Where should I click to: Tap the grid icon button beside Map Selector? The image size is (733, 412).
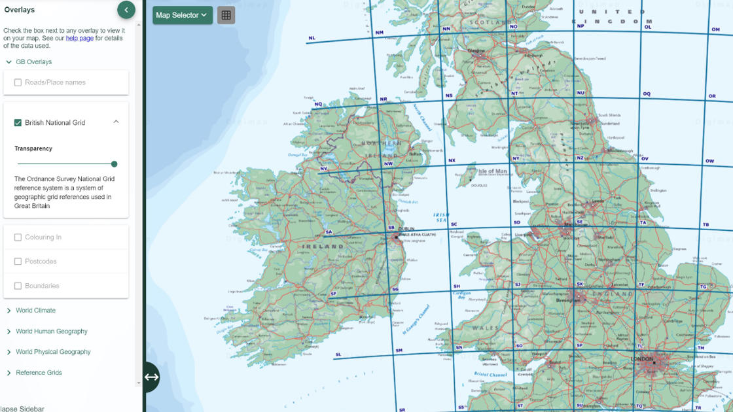pyautogui.click(x=226, y=15)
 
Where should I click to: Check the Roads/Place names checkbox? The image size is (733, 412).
pyautogui.click(x=18, y=82)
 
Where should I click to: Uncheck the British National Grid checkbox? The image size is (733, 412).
pyautogui.click(x=18, y=122)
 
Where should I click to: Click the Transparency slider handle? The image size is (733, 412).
pyautogui.click(x=115, y=164)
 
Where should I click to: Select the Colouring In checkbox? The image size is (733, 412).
pyautogui.click(x=18, y=237)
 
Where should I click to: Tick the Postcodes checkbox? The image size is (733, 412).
pyautogui.click(x=18, y=262)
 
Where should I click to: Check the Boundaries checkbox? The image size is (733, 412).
pyautogui.click(x=18, y=286)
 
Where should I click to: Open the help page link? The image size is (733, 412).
pyautogui.click(x=79, y=39)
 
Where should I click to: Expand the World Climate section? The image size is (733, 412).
pyautogui.click(x=35, y=311)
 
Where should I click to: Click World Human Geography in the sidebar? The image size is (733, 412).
pyautogui.click(x=51, y=332)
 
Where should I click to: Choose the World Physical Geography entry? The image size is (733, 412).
pyautogui.click(x=53, y=352)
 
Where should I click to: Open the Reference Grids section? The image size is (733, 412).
pyautogui.click(x=39, y=373)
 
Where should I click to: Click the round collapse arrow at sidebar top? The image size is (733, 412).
pyautogui.click(x=126, y=9)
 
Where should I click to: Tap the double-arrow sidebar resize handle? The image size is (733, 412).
pyautogui.click(x=151, y=377)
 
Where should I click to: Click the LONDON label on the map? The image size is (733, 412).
pyautogui.click(x=642, y=359)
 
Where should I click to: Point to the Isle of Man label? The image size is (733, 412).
pyautogui.click(x=492, y=171)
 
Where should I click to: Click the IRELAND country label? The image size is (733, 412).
pyautogui.click(x=323, y=247)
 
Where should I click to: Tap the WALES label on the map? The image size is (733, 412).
pyautogui.click(x=485, y=328)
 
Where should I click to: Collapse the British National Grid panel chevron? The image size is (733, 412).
pyautogui.click(x=116, y=122)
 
